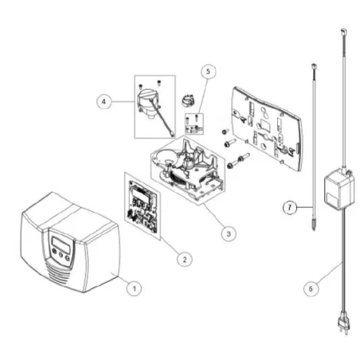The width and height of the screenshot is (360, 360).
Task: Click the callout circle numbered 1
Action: click(x=134, y=288)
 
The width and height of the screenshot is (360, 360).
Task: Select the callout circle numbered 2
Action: click(x=185, y=259)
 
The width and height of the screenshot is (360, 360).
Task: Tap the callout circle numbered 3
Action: click(x=229, y=233)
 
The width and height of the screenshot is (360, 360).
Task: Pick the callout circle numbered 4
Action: click(x=104, y=101)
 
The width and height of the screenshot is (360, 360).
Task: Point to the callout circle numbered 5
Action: click(x=208, y=72)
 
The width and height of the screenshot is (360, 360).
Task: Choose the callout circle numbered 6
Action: click(x=311, y=288)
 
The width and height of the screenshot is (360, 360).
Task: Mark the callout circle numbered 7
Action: click(x=290, y=207)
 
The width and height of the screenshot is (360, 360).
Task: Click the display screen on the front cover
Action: click(x=61, y=245)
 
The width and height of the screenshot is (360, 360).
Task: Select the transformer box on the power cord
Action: click(x=339, y=189)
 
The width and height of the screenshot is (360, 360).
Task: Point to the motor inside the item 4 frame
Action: click(x=147, y=104)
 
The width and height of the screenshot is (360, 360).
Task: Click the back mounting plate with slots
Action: click(x=267, y=129)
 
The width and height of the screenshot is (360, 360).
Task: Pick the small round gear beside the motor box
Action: click(x=188, y=100)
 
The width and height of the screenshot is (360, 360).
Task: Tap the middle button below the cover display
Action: click(x=61, y=255)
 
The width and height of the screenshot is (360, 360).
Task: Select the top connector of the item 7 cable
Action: click(x=313, y=66)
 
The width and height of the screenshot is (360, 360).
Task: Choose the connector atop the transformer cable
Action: click(x=343, y=32)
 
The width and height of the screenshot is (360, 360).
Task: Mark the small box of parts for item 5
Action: click(x=194, y=123)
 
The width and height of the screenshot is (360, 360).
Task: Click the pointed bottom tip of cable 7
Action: click(x=314, y=229)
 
